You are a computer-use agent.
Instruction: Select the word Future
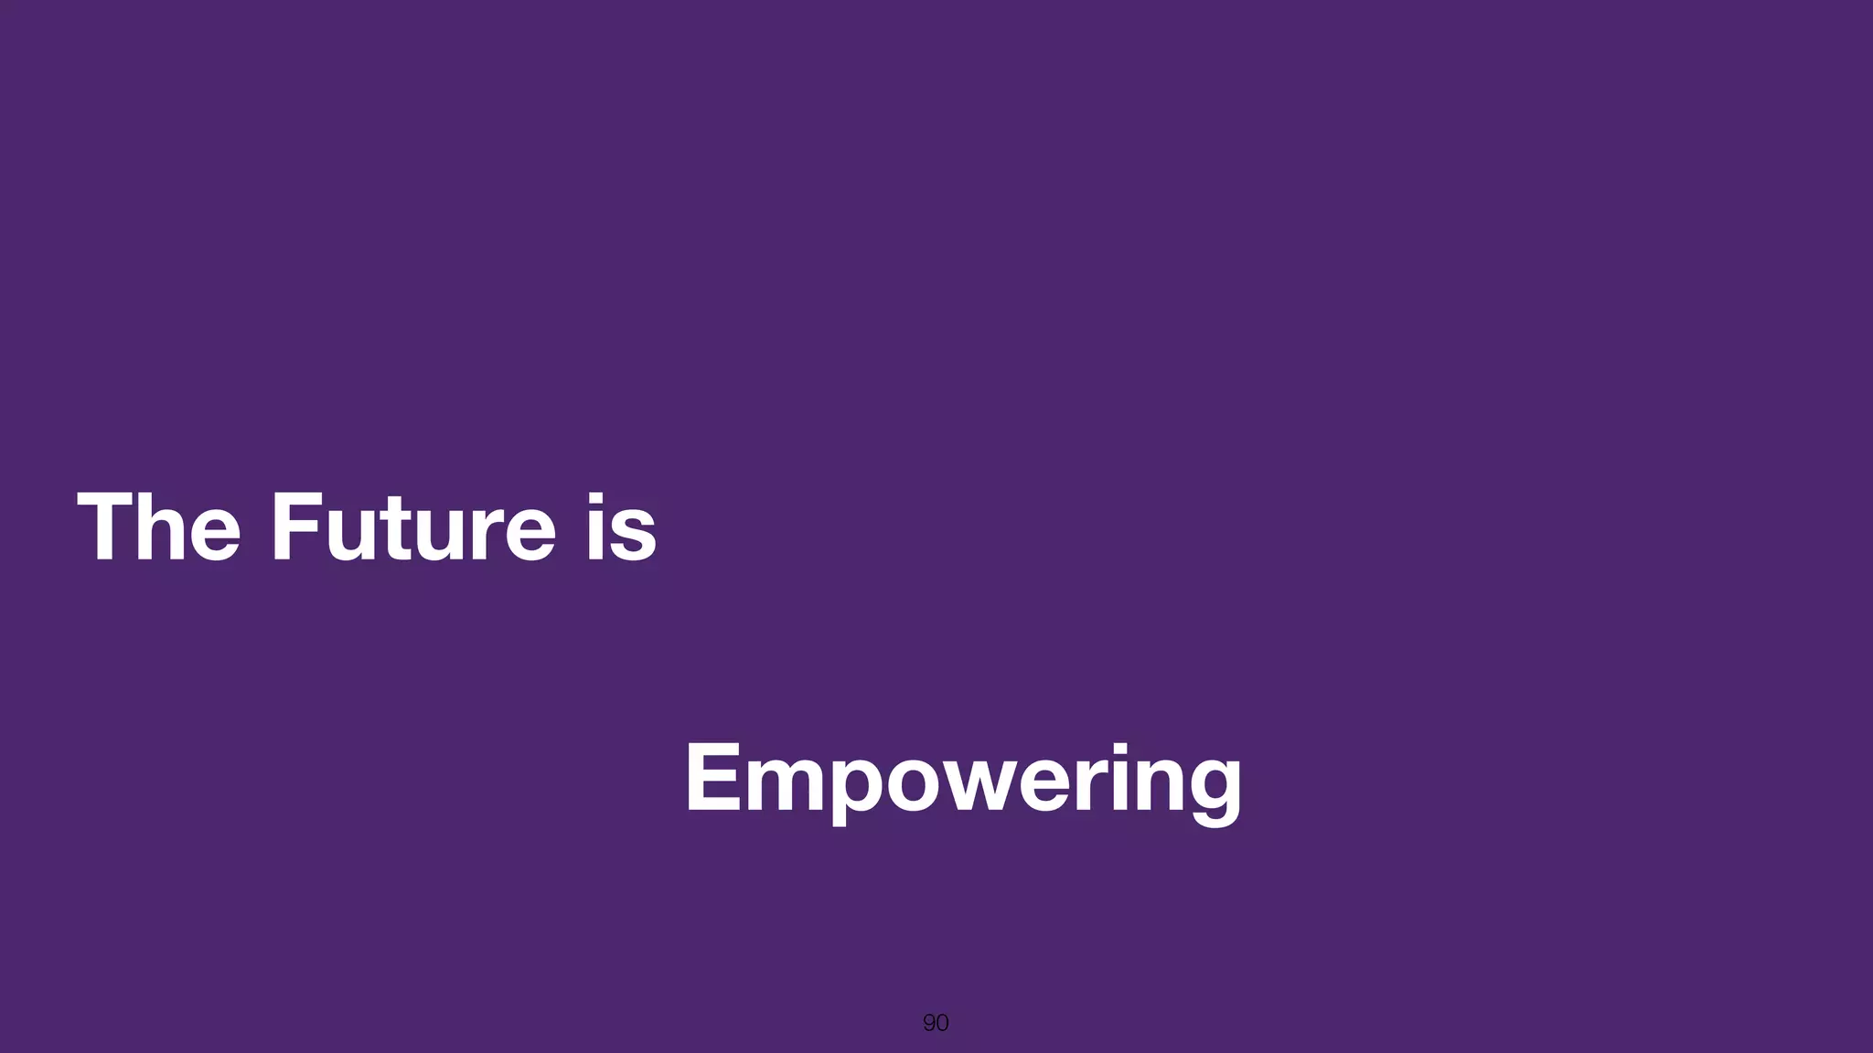tap(412, 527)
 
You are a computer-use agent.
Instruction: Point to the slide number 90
tap(936, 1023)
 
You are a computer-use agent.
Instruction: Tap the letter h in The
tap(162, 527)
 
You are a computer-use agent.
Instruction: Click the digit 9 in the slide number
tap(929, 1023)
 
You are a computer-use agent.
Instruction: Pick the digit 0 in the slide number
tap(943, 1023)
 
